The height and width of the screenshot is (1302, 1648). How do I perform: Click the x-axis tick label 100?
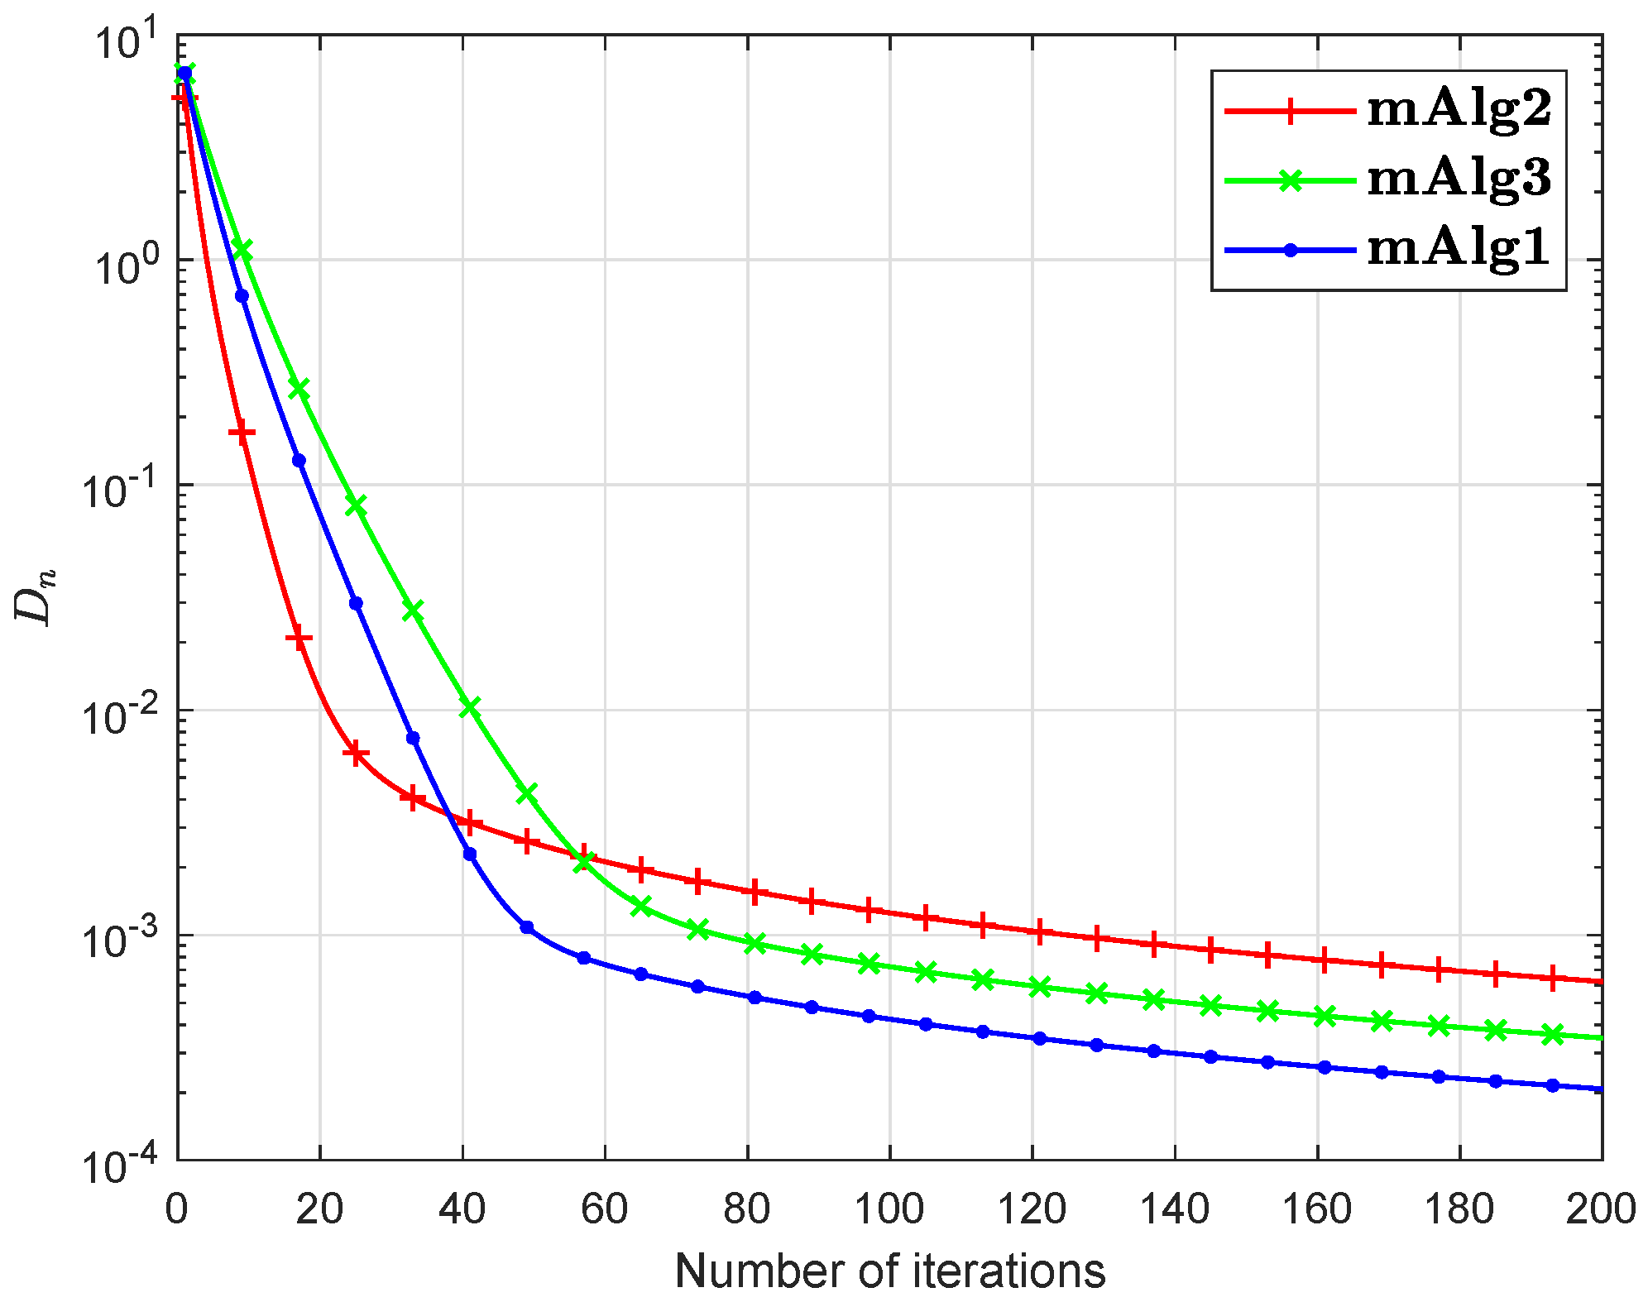pos(889,1210)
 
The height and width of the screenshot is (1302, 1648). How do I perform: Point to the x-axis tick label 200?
pos(1601,1210)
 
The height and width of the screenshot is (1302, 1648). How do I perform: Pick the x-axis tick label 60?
pos(605,1210)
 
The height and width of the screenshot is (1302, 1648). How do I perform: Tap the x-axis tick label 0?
pos(176,1210)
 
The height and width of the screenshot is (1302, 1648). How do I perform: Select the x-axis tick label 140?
pos(1175,1210)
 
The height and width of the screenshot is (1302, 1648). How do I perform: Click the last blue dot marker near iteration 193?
pos(1552,1085)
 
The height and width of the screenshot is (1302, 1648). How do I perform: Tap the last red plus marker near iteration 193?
pos(1552,978)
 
